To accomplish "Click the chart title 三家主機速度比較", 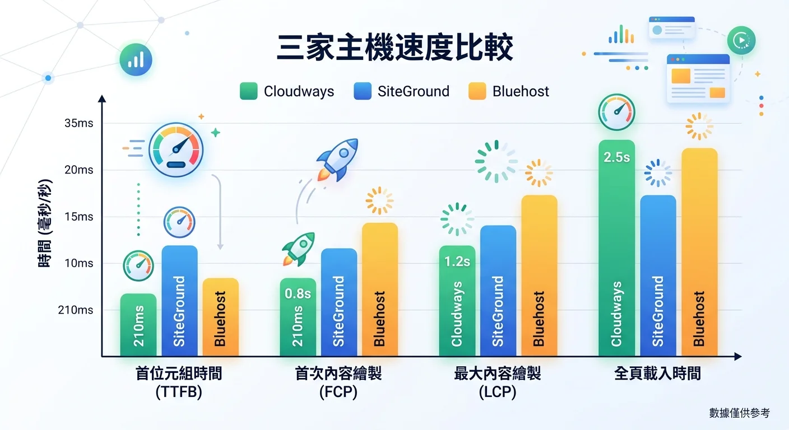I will (x=395, y=49).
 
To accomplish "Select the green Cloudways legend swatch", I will (x=248, y=91).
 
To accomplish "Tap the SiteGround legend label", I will (x=413, y=91).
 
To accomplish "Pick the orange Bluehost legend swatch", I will (x=477, y=91).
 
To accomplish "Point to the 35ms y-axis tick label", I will (x=79, y=123).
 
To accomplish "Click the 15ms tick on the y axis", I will (x=79, y=217).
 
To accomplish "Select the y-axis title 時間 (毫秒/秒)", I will (x=45, y=223).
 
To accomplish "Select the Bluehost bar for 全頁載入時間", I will (x=699, y=252).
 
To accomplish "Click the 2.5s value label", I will (x=616, y=157).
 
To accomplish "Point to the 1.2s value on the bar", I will (x=457, y=261).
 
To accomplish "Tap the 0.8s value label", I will (x=298, y=293).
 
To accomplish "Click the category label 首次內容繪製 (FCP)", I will (x=338, y=382).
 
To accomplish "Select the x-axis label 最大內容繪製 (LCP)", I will (x=498, y=382).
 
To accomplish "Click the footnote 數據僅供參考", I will (x=739, y=413).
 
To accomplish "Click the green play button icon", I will (x=741, y=41).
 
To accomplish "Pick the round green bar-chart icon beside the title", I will (x=136, y=59).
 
